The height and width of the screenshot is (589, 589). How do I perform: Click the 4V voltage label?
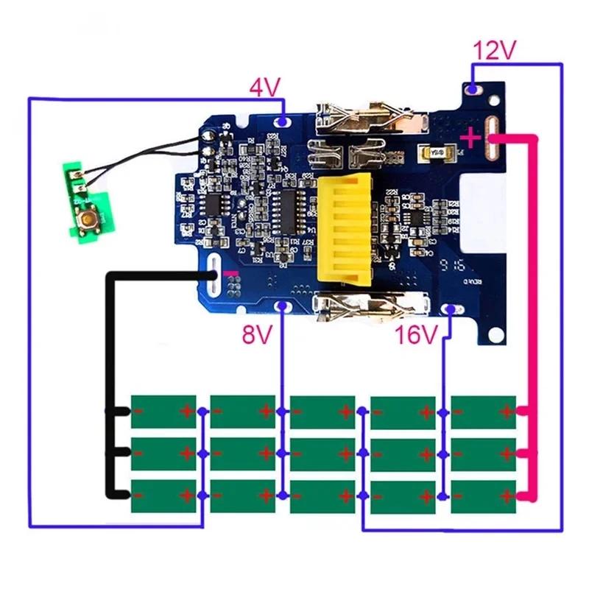[x=265, y=88]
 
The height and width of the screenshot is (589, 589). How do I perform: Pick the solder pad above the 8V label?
[x=281, y=306]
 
